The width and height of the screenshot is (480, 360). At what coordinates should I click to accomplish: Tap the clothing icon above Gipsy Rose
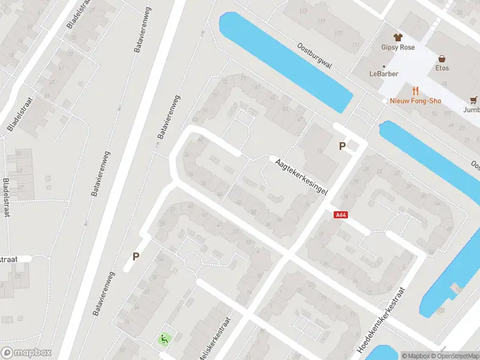click(x=397, y=37)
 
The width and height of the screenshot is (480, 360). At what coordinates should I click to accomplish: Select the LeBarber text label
click(x=384, y=74)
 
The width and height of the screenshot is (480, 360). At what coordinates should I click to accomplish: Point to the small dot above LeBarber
click(x=384, y=66)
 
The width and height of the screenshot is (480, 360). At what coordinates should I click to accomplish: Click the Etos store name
click(x=442, y=68)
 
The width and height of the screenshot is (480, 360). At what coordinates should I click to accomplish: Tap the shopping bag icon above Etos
click(x=442, y=59)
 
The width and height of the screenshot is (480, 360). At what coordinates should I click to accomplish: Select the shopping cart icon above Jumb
click(x=474, y=100)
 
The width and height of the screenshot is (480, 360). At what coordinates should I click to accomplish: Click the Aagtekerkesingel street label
click(x=301, y=176)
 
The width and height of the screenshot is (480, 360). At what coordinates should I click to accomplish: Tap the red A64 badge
click(x=341, y=215)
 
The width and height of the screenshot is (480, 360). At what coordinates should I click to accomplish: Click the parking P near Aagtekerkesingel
click(x=343, y=146)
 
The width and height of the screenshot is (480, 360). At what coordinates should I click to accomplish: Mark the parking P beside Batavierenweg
click(x=136, y=256)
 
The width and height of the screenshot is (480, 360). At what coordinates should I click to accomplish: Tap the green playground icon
click(x=163, y=340)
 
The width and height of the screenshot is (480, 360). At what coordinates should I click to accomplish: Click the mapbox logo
click(x=26, y=353)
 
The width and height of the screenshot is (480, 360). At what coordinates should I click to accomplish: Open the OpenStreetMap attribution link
click(x=457, y=356)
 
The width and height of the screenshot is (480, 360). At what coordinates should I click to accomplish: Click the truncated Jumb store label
click(x=472, y=110)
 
